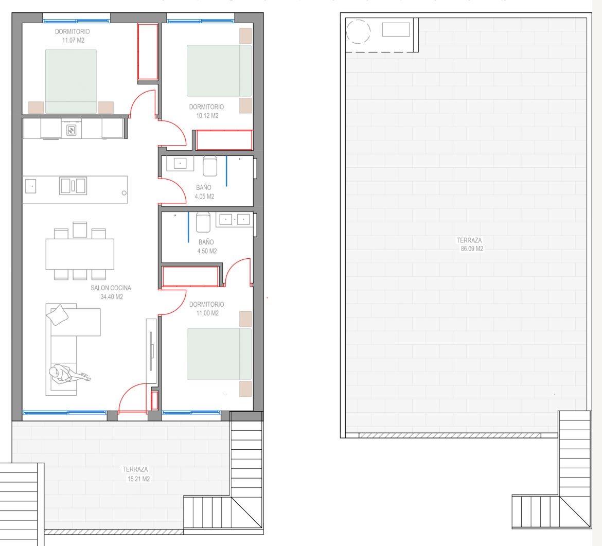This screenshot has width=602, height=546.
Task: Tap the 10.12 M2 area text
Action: pyautogui.click(x=207, y=116)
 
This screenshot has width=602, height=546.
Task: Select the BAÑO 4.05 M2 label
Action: pyautogui.click(x=204, y=191)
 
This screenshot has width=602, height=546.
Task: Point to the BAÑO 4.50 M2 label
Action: pyautogui.click(x=206, y=246)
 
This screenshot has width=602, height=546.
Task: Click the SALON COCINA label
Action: pyautogui.click(x=111, y=288)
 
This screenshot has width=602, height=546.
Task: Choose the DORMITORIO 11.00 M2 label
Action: pyautogui.click(x=207, y=309)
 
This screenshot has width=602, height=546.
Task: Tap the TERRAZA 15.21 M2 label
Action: pyautogui.click(x=136, y=474)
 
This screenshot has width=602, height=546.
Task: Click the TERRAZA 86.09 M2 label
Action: pyautogui.click(x=470, y=244)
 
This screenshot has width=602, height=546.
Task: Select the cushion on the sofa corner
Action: pyautogui.click(x=58, y=315)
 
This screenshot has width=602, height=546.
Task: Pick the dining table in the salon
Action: pyautogui.click(x=80, y=254)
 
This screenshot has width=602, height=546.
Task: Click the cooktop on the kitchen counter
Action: pyautogui.click(x=72, y=130)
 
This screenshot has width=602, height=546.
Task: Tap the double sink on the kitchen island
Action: pyautogui.click(x=73, y=186)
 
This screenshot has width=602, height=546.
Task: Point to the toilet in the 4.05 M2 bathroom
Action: pyautogui.click(x=209, y=166)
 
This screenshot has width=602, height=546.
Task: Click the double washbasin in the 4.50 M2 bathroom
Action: pyautogui.click(x=235, y=220)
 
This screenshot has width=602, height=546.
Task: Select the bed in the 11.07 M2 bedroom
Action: pyautogui.click(x=71, y=81)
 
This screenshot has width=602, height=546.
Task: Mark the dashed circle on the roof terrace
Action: pyautogui.click(x=358, y=31)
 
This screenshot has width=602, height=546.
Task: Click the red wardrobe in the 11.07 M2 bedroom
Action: pyautogui.click(x=148, y=52)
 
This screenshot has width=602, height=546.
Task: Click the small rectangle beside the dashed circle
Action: pyautogui.click(x=396, y=29)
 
